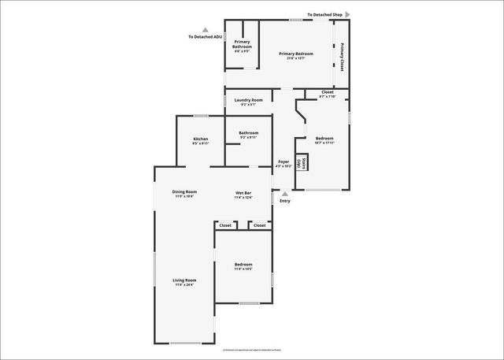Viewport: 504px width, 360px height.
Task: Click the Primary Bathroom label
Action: point(242,46)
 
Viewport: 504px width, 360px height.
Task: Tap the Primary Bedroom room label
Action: point(296,55)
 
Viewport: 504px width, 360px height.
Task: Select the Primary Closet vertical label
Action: point(342,57)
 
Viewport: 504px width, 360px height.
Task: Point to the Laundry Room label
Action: point(248,102)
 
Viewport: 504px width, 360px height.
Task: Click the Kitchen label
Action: point(201,141)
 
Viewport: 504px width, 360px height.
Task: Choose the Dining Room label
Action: point(185,193)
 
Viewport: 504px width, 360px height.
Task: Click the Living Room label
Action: point(185,281)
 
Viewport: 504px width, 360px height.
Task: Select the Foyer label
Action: point(283,164)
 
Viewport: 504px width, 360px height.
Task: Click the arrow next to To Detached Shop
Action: point(347,14)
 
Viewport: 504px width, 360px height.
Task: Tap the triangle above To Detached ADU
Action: point(206,29)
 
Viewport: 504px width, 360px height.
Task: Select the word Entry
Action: point(285,201)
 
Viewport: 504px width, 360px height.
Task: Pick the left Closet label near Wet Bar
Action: point(226,225)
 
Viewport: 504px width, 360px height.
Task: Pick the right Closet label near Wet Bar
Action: point(260,225)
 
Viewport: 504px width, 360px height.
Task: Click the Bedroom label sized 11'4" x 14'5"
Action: point(243,266)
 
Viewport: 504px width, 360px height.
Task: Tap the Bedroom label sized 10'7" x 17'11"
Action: point(324,140)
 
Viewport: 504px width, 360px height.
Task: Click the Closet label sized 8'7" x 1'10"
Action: point(328,94)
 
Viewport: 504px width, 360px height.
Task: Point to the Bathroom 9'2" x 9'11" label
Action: point(249,135)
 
